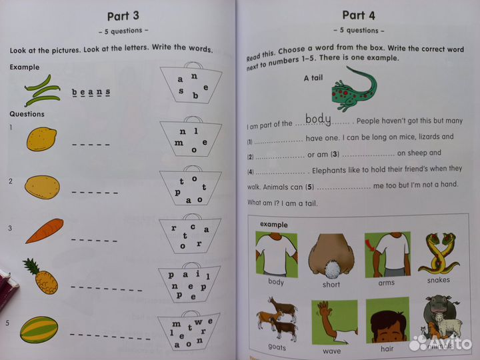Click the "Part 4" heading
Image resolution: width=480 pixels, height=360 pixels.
tap(359, 15)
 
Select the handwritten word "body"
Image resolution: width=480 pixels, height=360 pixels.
tap(318, 120)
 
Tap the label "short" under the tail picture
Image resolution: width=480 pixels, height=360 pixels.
tap(331, 285)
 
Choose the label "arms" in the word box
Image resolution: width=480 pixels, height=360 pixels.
tap(386, 282)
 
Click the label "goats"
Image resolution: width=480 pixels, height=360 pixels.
tap(276, 347)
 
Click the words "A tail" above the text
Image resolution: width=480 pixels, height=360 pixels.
tap(313, 78)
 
